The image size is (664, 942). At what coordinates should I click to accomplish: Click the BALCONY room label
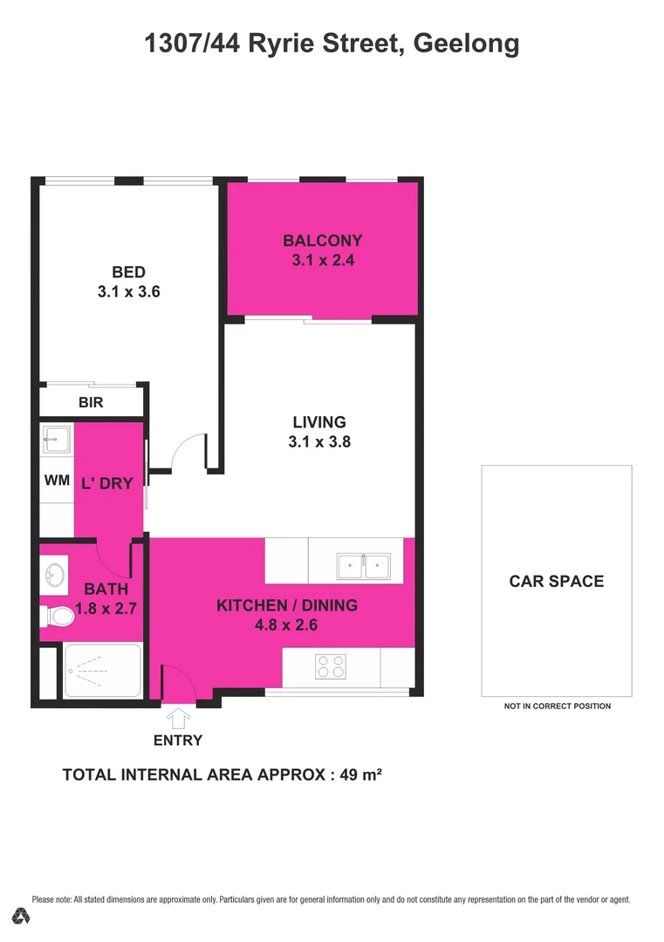[322, 241]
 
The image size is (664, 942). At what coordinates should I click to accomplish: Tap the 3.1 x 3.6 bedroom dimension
[128, 293]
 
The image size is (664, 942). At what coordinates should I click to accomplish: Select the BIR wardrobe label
[92, 403]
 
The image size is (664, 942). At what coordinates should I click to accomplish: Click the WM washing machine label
[57, 481]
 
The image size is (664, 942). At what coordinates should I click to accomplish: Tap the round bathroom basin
[53, 575]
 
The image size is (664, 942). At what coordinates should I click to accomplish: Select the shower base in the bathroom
[103, 672]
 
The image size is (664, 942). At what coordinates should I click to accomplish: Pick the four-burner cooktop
[331, 667]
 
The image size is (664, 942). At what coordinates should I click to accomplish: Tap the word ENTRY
[178, 741]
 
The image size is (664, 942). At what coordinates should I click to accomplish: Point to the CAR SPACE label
[556, 581]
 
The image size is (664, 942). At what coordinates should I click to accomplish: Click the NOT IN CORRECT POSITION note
[557, 706]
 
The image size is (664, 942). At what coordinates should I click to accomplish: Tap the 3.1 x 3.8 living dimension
[319, 442]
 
